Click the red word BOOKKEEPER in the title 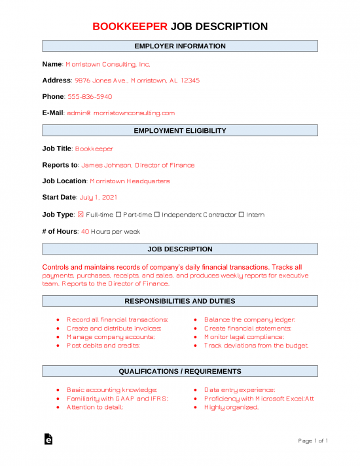130,26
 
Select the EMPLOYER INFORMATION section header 180,46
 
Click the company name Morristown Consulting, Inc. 108,65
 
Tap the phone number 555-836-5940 90,97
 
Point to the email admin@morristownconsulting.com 120,113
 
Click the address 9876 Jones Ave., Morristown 137,81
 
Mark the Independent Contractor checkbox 157,215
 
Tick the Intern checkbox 242,215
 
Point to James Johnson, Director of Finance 137,165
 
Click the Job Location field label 64,181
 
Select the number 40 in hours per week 85,231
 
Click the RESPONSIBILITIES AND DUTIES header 180,301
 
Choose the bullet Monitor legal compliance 243,336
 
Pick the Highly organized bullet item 231,407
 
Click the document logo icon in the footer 48,440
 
